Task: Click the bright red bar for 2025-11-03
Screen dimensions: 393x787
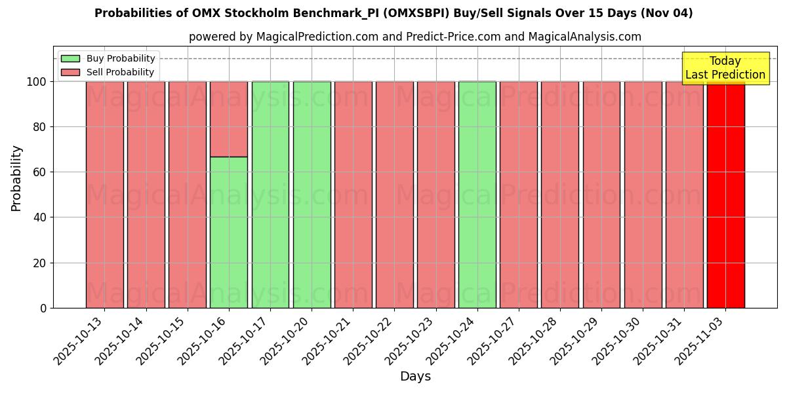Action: [x=725, y=195]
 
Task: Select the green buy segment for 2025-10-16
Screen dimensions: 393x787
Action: [x=229, y=233]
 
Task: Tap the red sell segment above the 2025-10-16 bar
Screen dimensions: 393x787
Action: [x=229, y=119]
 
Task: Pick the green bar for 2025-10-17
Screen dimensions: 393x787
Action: [x=270, y=195]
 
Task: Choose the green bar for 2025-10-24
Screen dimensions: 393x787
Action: [x=477, y=195]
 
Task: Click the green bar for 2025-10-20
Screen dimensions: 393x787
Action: [x=312, y=195]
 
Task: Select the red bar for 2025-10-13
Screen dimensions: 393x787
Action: [x=104, y=195]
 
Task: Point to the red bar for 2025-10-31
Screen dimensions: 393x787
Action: [x=684, y=195]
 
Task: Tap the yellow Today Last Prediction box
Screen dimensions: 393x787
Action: [x=725, y=68]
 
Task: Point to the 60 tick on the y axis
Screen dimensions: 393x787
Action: [x=41, y=172]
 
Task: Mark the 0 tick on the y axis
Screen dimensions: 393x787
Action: [x=43, y=308]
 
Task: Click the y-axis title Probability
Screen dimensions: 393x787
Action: [x=16, y=178]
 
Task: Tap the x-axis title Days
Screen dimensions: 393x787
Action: [x=415, y=377]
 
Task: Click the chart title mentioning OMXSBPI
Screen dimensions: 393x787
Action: [x=393, y=13]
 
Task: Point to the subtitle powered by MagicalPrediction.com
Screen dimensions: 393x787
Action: [x=415, y=37]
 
